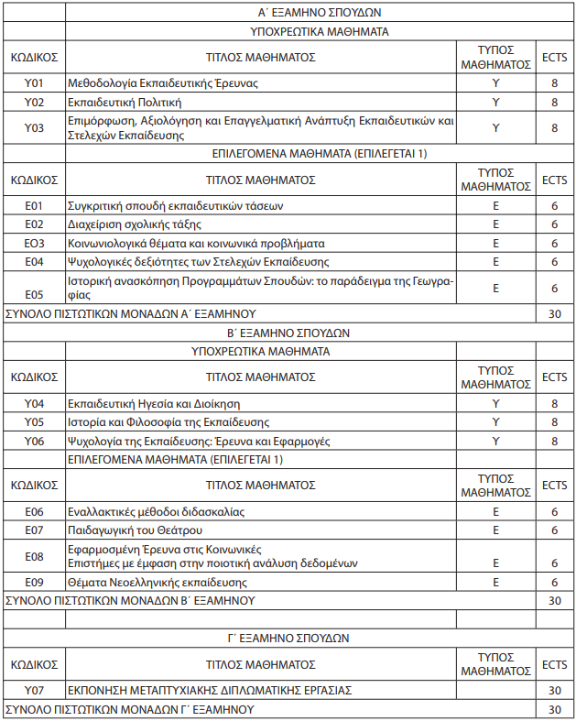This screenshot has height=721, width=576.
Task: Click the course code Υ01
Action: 34,83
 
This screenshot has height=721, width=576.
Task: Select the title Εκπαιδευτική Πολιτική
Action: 125,102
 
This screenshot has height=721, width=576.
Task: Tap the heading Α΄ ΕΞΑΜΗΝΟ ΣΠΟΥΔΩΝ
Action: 319,13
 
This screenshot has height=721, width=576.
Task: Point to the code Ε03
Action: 34,243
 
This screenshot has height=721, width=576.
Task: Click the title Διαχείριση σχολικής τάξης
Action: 135,224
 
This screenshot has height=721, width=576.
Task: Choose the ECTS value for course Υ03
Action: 554,127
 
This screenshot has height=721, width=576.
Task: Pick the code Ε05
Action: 34,294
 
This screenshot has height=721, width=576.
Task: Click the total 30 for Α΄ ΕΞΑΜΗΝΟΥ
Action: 554,313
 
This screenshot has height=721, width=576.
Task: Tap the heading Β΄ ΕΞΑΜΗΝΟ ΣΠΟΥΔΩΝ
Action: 319,333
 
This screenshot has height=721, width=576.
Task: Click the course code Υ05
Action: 34,421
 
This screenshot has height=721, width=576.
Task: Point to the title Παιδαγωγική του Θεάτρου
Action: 136,530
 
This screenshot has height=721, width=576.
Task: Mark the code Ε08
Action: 34,556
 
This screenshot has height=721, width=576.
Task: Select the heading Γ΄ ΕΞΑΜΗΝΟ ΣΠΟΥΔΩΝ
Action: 319,637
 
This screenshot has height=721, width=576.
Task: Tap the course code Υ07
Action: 34,689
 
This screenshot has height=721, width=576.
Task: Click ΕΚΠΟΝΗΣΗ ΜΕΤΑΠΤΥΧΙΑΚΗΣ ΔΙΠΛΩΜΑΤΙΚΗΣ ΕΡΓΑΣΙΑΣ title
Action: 210,689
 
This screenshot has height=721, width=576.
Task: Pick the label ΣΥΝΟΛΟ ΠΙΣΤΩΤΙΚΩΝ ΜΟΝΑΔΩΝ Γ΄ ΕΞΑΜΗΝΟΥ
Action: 129,710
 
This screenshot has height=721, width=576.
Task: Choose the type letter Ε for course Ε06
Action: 495,511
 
